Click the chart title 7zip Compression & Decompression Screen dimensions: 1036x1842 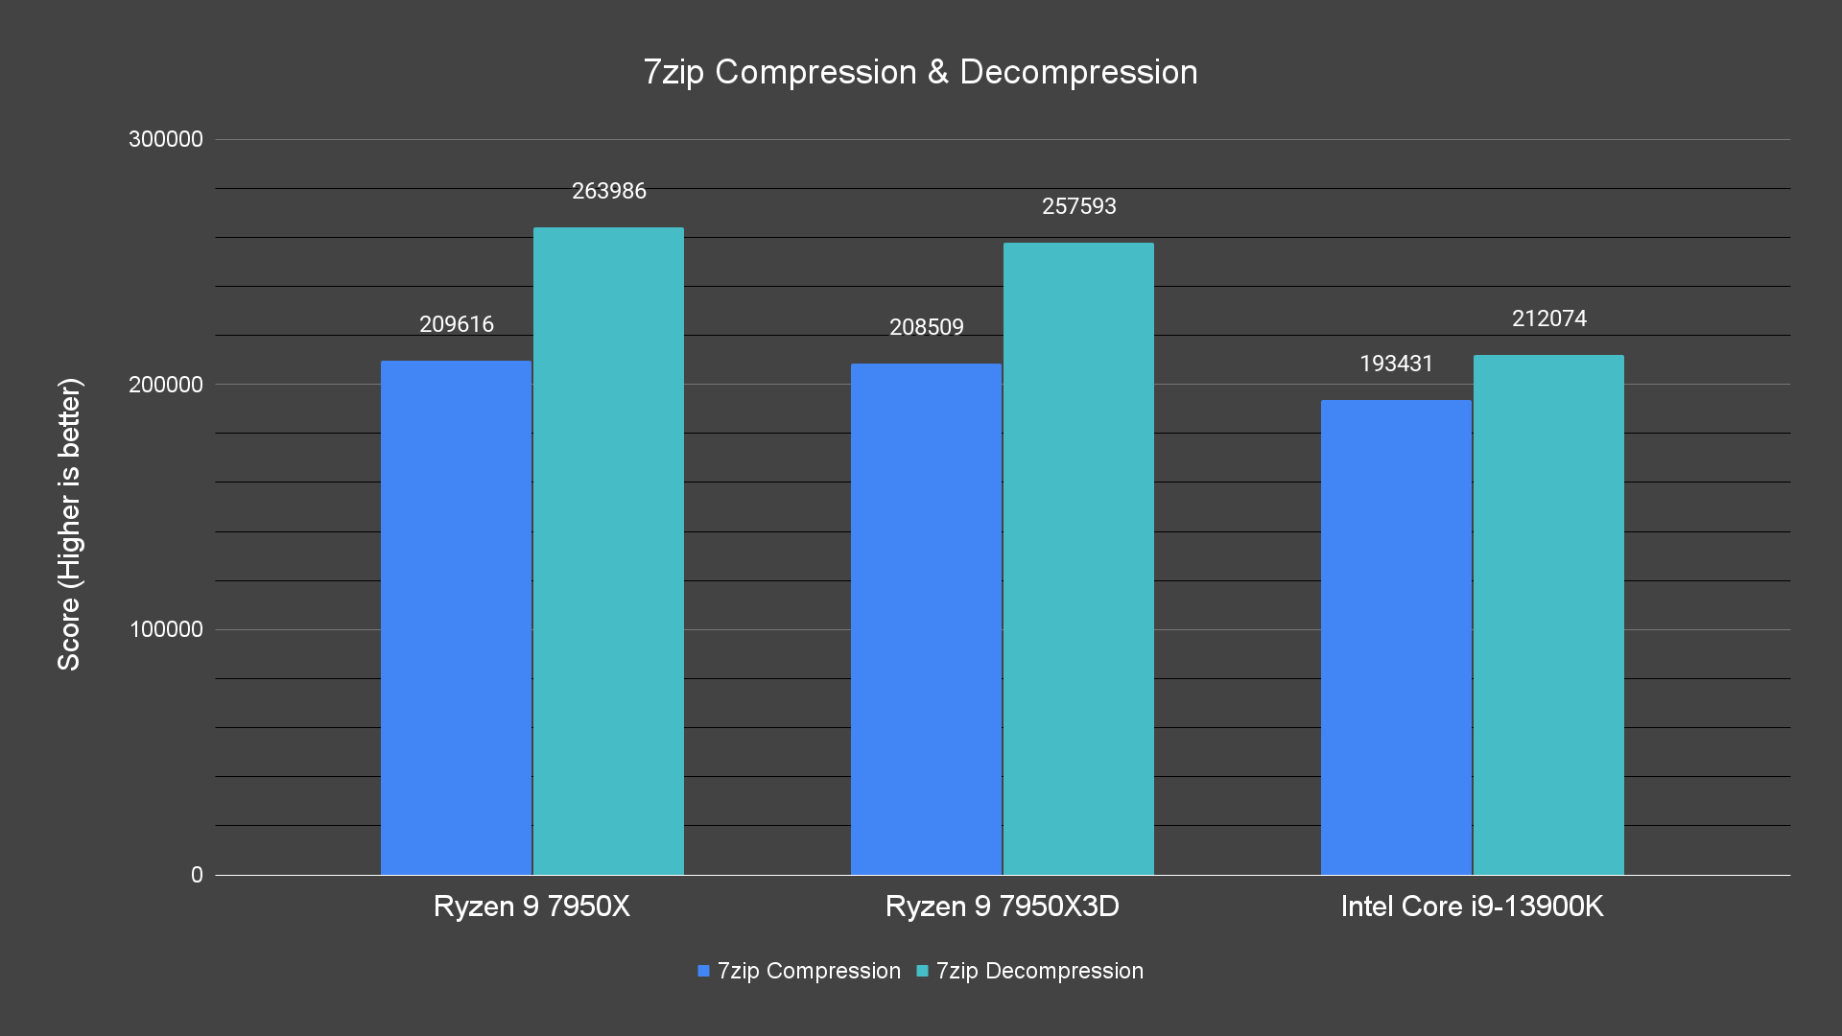click(x=920, y=72)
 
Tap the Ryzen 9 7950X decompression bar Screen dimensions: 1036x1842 click(x=608, y=551)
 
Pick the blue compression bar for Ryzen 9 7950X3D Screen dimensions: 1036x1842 click(x=926, y=619)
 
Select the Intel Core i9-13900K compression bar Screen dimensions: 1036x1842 click(x=1396, y=637)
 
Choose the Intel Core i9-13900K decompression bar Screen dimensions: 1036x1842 click(x=1548, y=615)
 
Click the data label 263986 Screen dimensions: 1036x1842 click(x=609, y=191)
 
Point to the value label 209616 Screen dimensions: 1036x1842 click(x=457, y=324)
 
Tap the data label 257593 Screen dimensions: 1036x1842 click(x=1079, y=206)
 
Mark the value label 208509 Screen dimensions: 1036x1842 click(x=927, y=327)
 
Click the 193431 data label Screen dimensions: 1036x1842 click(x=1396, y=364)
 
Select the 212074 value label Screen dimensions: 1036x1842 click(x=1549, y=318)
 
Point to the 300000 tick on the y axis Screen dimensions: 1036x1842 click(x=166, y=139)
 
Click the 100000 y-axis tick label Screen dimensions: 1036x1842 click(x=166, y=629)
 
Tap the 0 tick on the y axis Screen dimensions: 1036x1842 click(x=197, y=875)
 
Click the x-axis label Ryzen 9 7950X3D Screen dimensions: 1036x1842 click(x=1003, y=906)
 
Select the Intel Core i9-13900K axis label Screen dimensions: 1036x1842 click(x=1472, y=906)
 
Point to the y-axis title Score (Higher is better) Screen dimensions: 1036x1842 click(x=69, y=524)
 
